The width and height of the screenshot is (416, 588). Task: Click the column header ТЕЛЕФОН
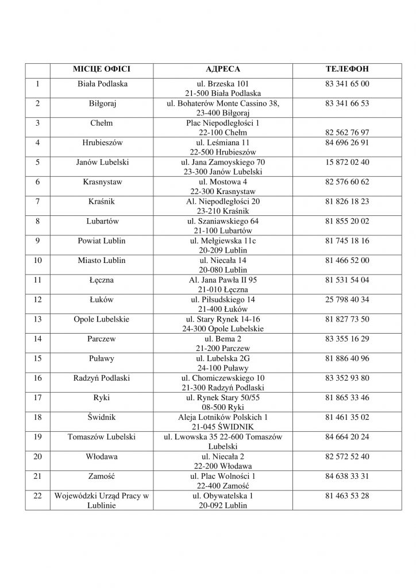point(346,69)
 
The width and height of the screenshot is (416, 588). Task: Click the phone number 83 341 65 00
point(346,84)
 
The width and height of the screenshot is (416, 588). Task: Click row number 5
point(37,162)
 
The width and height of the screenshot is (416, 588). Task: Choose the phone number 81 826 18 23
point(346,201)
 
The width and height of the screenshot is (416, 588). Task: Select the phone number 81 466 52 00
point(346,260)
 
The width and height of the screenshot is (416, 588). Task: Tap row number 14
point(37,339)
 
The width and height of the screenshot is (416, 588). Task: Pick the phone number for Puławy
point(346,358)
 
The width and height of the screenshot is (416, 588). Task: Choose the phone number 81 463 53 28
point(346,495)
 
